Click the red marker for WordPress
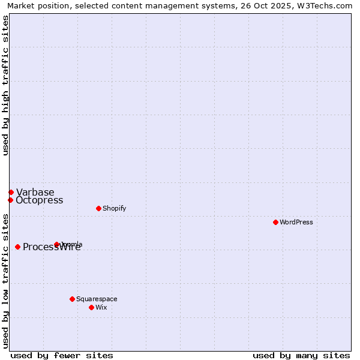pyautogui.click(x=275, y=222)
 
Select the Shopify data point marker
pyautogui.click(x=98, y=208)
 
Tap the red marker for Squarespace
pyautogui.click(x=72, y=299)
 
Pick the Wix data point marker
pyautogui.click(x=91, y=307)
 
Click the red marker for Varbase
pyautogui.click(x=11, y=192)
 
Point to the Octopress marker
pyautogui.click(x=10, y=200)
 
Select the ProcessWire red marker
pyautogui.click(x=17, y=247)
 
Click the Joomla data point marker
pyautogui.click(x=56, y=244)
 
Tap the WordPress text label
pyautogui.click(x=296, y=222)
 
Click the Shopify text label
pyautogui.click(x=114, y=208)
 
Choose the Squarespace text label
pyautogui.click(x=97, y=299)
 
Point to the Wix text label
pyautogui.click(x=101, y=307)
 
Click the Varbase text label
pyautogui.click(x=35, y=192)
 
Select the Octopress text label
pyautogui.click(x=40, y=200)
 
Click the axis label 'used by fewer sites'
pyautogui.click(x=62, y=355)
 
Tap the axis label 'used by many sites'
pyautogui.click(x=301, y=355)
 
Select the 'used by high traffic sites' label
pyautogui.click(x=5, y=85)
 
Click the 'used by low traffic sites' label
pyautogui.click(x=5, y=281)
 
